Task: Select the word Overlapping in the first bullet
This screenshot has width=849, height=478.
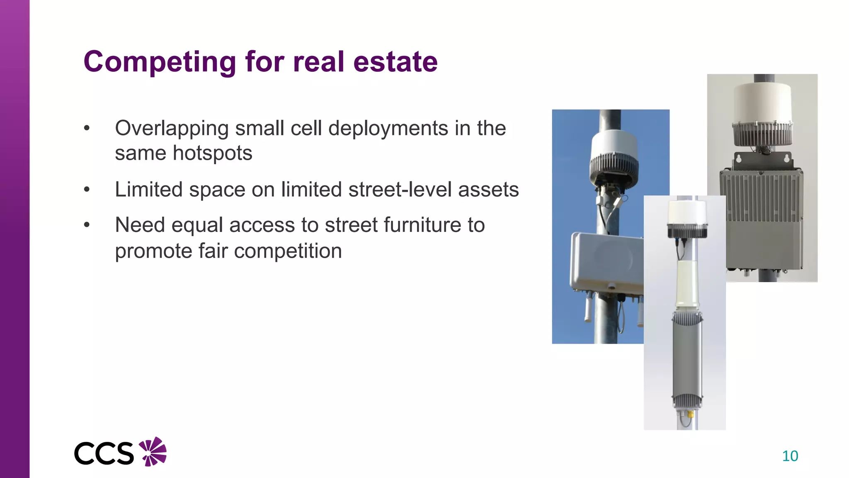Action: point(171,128)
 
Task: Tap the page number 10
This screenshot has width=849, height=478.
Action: point(790,456)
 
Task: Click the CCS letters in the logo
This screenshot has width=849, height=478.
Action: point(104,454)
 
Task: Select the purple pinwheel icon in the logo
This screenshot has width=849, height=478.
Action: point(153,451)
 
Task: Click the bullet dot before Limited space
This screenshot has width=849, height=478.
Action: point(87,190)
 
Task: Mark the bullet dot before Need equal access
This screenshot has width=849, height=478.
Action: point(87,225)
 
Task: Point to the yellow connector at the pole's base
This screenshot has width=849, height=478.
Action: point(690,414)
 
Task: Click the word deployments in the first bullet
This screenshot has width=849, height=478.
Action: point(388,128)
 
